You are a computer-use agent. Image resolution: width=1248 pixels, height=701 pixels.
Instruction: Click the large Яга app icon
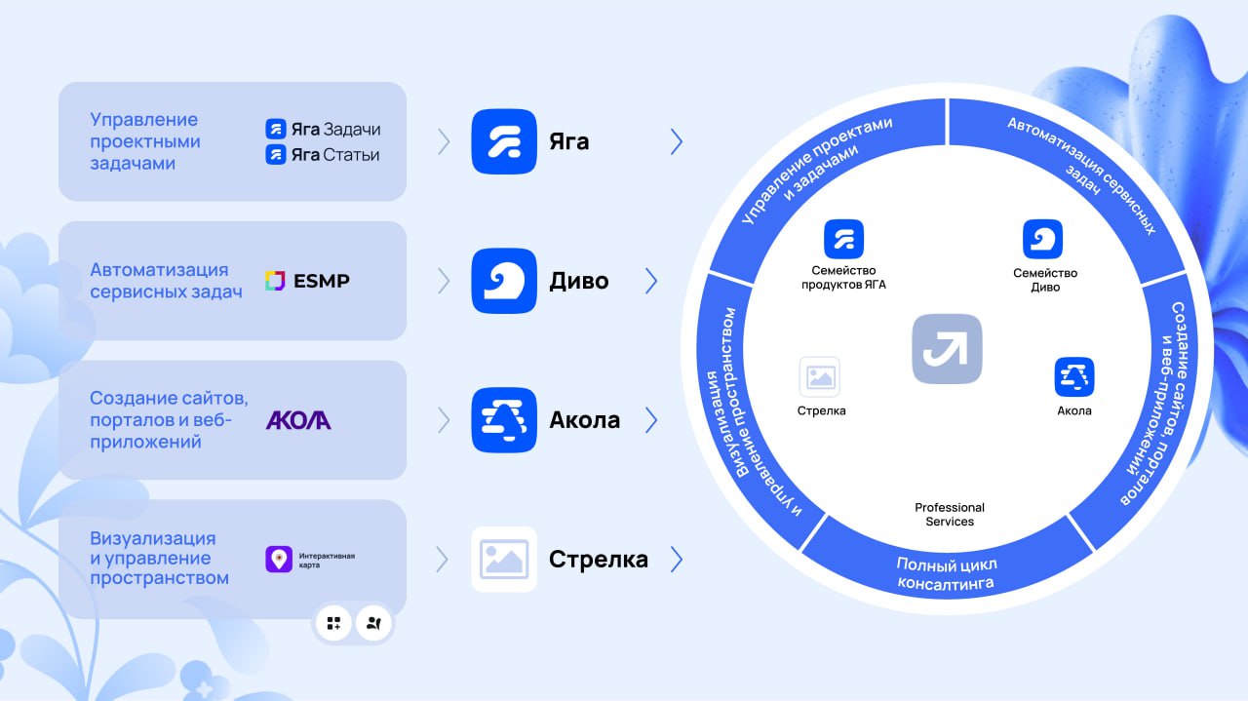pyautogui.click(x=504, y=141)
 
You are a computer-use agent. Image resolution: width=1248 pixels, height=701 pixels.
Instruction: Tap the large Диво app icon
pyautogui.click(x=504, y=281)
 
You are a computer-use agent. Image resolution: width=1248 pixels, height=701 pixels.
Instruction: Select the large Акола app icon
pyautogui.click(x=504, y=420)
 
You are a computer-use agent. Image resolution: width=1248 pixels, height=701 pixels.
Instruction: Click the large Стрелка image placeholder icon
pyautogui.click(x=504, y=559)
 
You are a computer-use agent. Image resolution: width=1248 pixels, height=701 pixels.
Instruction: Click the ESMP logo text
pyautogui.click(x=322, y=281)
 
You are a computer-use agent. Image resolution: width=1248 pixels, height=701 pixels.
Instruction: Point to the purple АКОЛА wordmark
pyautogui.click(x=298, y=420)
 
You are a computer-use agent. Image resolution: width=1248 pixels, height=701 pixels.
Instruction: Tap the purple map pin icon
pyautogui.click(x=279, y=559)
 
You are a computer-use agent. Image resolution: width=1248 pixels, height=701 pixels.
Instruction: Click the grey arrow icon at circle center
pyautogui.click(x=947, y=349)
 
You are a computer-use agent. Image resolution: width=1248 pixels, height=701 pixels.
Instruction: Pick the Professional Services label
pyautogui.click(x=950, y=515)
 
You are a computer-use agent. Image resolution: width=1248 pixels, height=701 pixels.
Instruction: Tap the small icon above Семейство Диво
pyautogui.click(x=1042, y=239)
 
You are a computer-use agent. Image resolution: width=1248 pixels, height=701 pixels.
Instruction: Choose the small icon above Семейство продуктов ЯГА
pyautogui.click(x=843, y=239)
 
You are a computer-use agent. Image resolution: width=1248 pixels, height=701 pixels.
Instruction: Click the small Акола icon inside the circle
pyautogui.click(x=1074, y=376)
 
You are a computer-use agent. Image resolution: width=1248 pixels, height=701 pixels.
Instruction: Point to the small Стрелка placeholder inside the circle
pyautogui.click(x=820, y=376)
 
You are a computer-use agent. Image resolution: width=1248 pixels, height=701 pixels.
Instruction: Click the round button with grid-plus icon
pyautogui.click(x=333, y=623)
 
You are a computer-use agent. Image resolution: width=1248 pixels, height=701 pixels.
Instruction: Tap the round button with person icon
pyautogui.click(x=373, y=623)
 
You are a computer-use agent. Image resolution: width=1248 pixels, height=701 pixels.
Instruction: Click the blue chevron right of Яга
pyautogui.click(x=677, y=141)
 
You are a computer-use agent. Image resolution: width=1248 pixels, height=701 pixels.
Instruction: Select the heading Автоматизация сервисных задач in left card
pyautogui.click(x=166, y=281)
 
